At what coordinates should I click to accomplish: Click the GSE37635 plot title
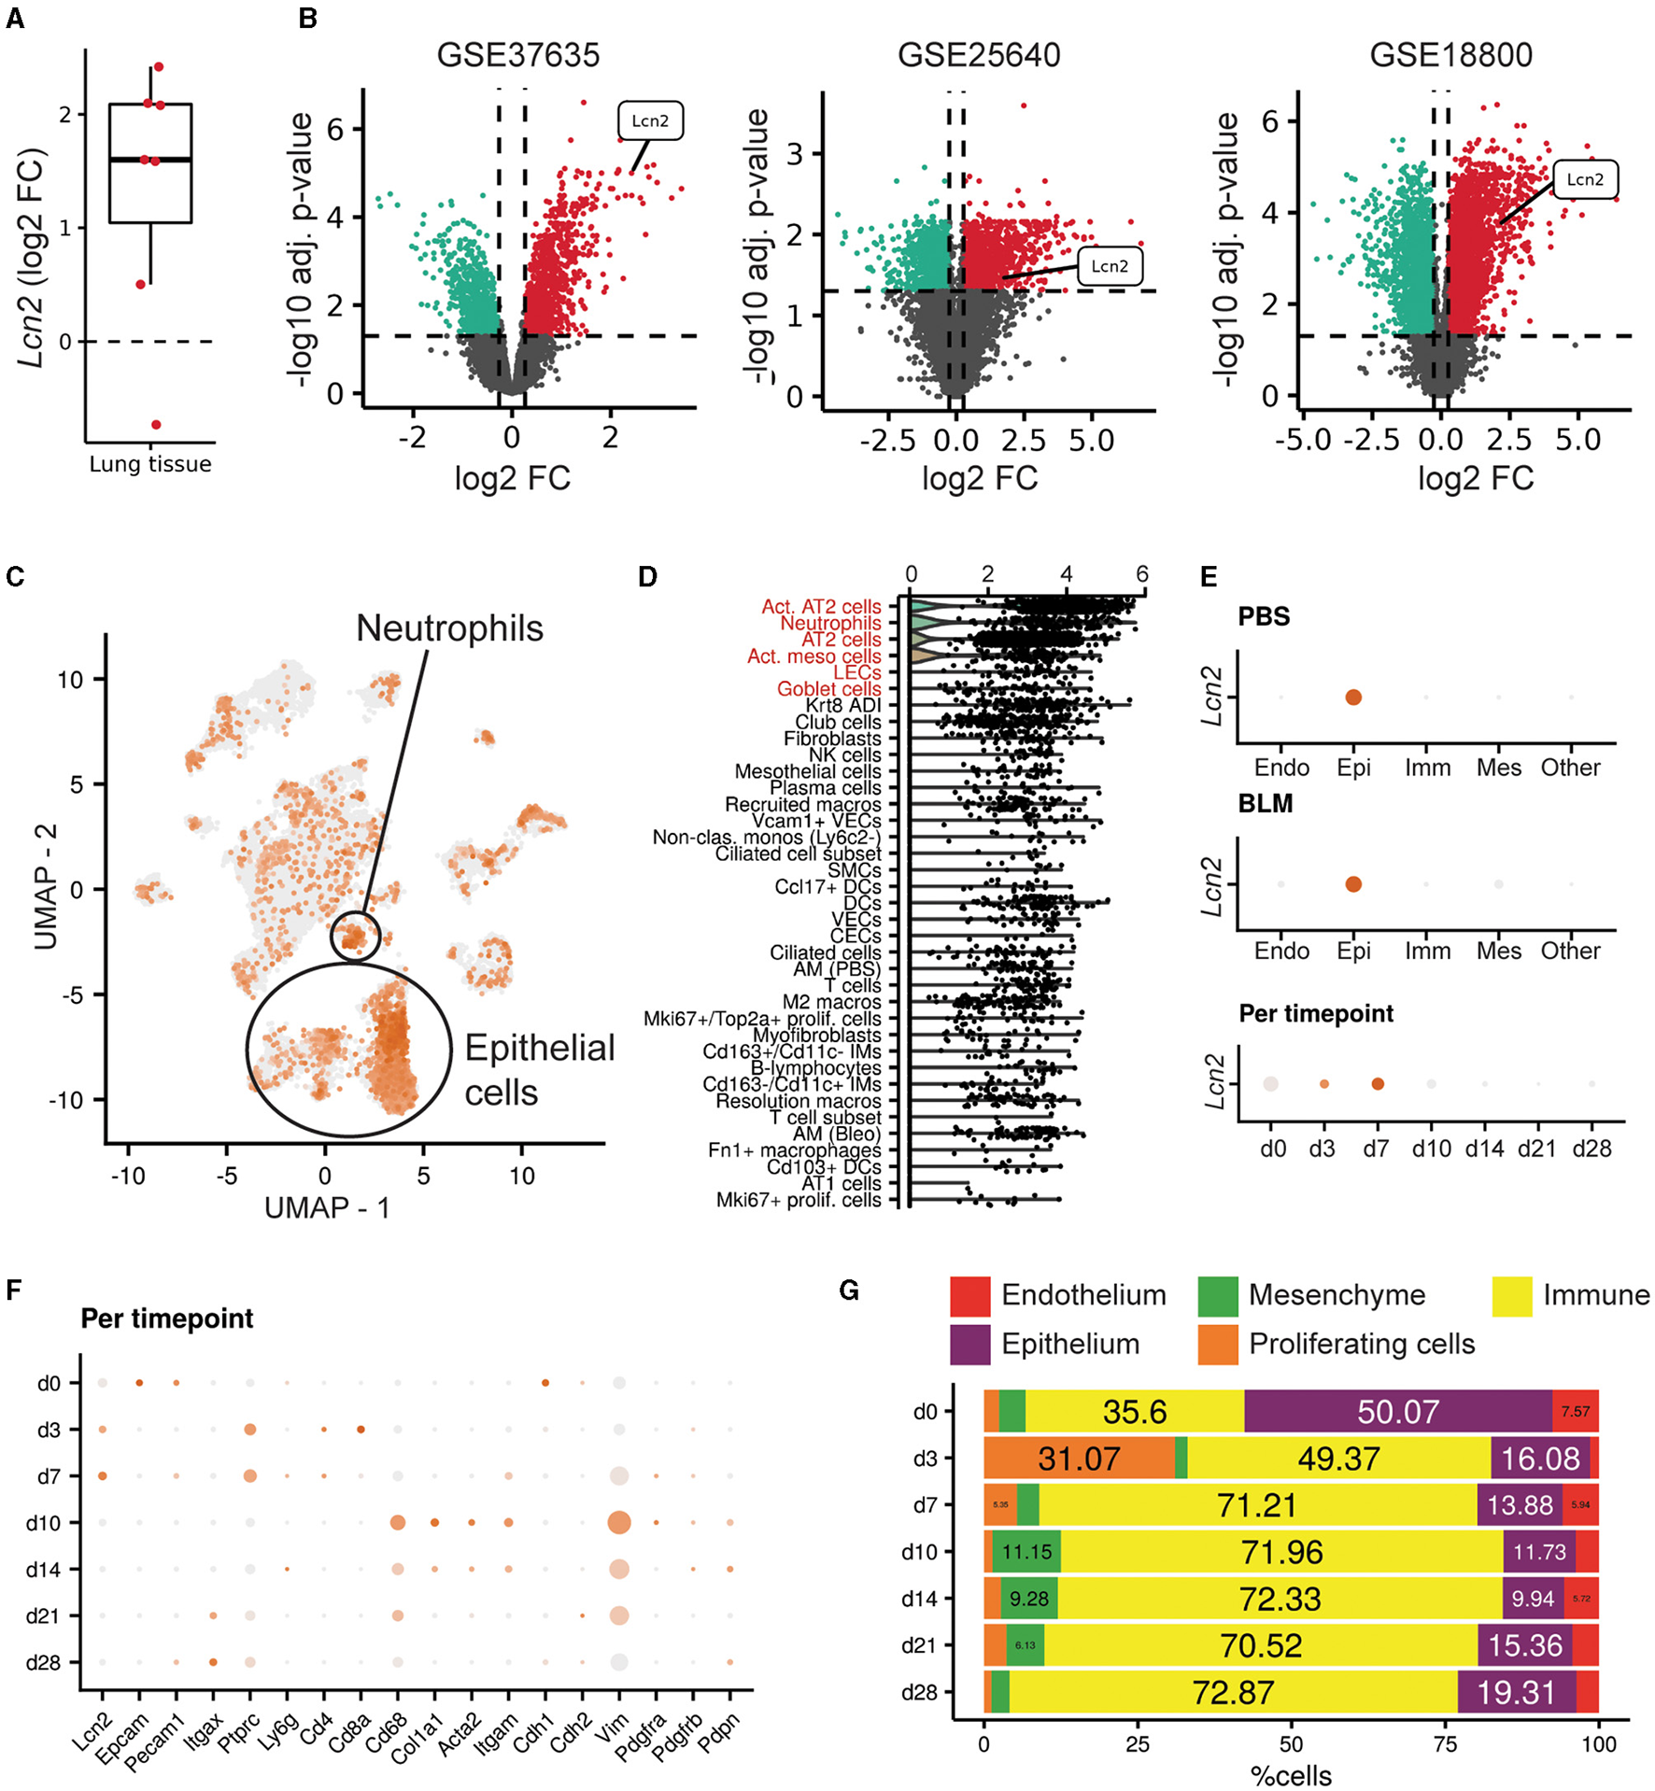tap(517, 55)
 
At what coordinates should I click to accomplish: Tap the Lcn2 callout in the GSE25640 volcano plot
tap(1109, 266)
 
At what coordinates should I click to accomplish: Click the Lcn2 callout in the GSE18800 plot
tap(1584, 179)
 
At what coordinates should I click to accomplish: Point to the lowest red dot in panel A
tap(156, 425)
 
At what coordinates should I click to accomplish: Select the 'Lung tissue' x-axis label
tap(150, 464)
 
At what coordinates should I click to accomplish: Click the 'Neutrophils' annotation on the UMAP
tap(449, 628)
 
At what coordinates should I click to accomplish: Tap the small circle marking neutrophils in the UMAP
tap(355, 936)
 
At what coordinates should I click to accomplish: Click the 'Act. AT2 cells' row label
tap(821, 607)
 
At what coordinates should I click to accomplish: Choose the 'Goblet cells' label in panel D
tap(828, 689)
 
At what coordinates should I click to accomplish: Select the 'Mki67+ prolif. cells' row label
tap(799, 1200)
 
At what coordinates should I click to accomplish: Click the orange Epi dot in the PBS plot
tap(1353, 698)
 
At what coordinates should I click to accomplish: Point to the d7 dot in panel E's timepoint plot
tap(1377, 1084)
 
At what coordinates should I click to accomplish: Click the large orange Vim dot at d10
tap(618, 1523)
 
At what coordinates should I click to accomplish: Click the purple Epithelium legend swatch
tap(970, 1345)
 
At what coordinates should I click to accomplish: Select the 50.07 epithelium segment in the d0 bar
tap(1397, 1412)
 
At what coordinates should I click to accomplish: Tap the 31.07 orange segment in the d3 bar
tap(1079, 1459)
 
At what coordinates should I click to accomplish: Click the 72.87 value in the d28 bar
tap(1233, 1692)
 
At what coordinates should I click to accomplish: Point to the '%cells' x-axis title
tap(1291, 1775)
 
